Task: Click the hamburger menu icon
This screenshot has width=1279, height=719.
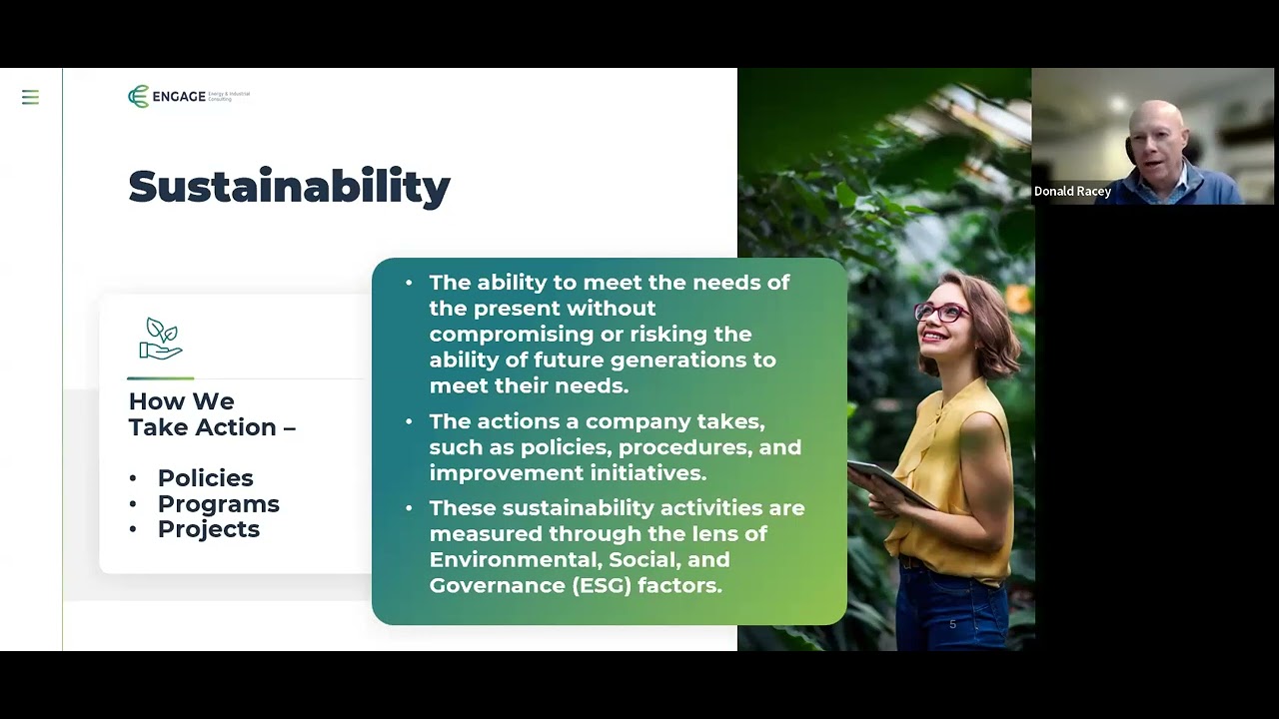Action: pos(30,97)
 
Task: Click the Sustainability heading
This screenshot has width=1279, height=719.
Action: pos(289,187)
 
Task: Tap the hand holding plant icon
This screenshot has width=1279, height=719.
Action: pos(161,339)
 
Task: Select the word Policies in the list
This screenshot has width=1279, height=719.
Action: pos(205,478)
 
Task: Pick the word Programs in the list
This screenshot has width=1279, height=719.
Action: pos(218,504)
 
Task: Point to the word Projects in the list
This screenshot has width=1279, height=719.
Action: pos(208,529)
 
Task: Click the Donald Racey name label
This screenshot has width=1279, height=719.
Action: pos(1072,191)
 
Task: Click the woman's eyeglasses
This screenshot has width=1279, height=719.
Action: pos(940,312)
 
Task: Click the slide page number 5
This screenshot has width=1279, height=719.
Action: pos(952,624)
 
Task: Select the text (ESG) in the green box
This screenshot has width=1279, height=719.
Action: pos(604,585)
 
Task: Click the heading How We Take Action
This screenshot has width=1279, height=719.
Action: pos(212,414)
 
